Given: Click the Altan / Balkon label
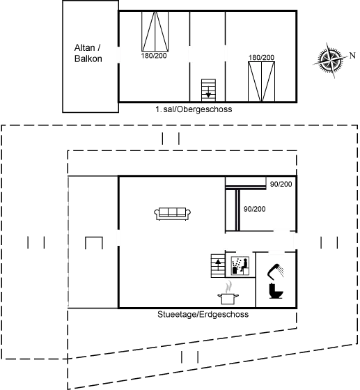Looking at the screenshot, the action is click(x=88, y=53).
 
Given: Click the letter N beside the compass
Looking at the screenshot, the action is click(x=352, y=56).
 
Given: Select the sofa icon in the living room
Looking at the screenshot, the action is click(x=172, y=214).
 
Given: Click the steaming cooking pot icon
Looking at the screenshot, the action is click(x=228, y=293).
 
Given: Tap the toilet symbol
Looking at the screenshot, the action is click(x=276, y=291).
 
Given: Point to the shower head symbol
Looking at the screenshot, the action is click(x=276, y=270).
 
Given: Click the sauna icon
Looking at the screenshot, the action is click(x=240, y=266).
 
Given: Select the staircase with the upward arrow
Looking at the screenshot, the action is click(x=218, y=265).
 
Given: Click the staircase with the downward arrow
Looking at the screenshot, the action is click(x=208, y=90).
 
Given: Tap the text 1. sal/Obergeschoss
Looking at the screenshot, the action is click(x=194, y=109).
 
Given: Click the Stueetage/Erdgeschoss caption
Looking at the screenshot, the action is click(x=203, y=314).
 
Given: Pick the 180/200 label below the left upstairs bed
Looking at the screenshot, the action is click(x=154, y=56).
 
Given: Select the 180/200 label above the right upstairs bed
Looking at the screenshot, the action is click(x=262, y=57).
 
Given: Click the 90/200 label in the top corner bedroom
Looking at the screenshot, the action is click(x=281, y=185).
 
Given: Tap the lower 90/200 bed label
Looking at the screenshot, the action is click(x=255, y=209).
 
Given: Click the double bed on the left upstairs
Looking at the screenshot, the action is click(x=155, y=31).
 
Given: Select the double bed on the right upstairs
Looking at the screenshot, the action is click(x=261, y=81).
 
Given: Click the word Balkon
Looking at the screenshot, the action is click(x=88, y=58).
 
